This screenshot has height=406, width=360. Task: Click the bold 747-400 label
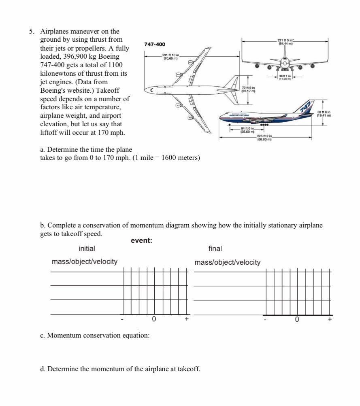tap(155, 44)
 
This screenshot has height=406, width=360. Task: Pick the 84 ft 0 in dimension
tap(247, 130)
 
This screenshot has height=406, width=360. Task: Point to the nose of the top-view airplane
tap(151, 89)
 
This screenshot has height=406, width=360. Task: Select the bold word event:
tap(141, 241)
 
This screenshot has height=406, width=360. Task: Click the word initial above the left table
tap(87, 249)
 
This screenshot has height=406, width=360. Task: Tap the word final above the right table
tap(215, 249)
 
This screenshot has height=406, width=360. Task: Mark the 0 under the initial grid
tap(154, 319)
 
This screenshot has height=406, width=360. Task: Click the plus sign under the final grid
tap(330, 319)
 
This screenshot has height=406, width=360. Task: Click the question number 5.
tap(31, 31)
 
